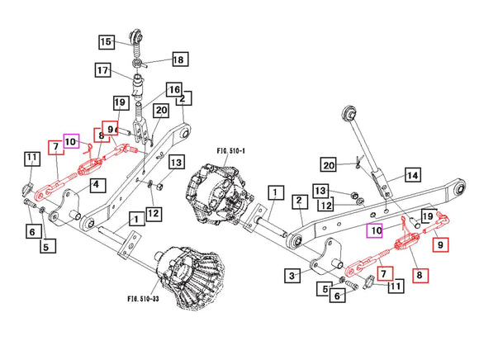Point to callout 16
(x=173, y=89)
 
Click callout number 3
(x=291, y=274)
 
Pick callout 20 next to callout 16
(x=161, y=110)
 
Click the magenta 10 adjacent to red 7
(x=71, y=141)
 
